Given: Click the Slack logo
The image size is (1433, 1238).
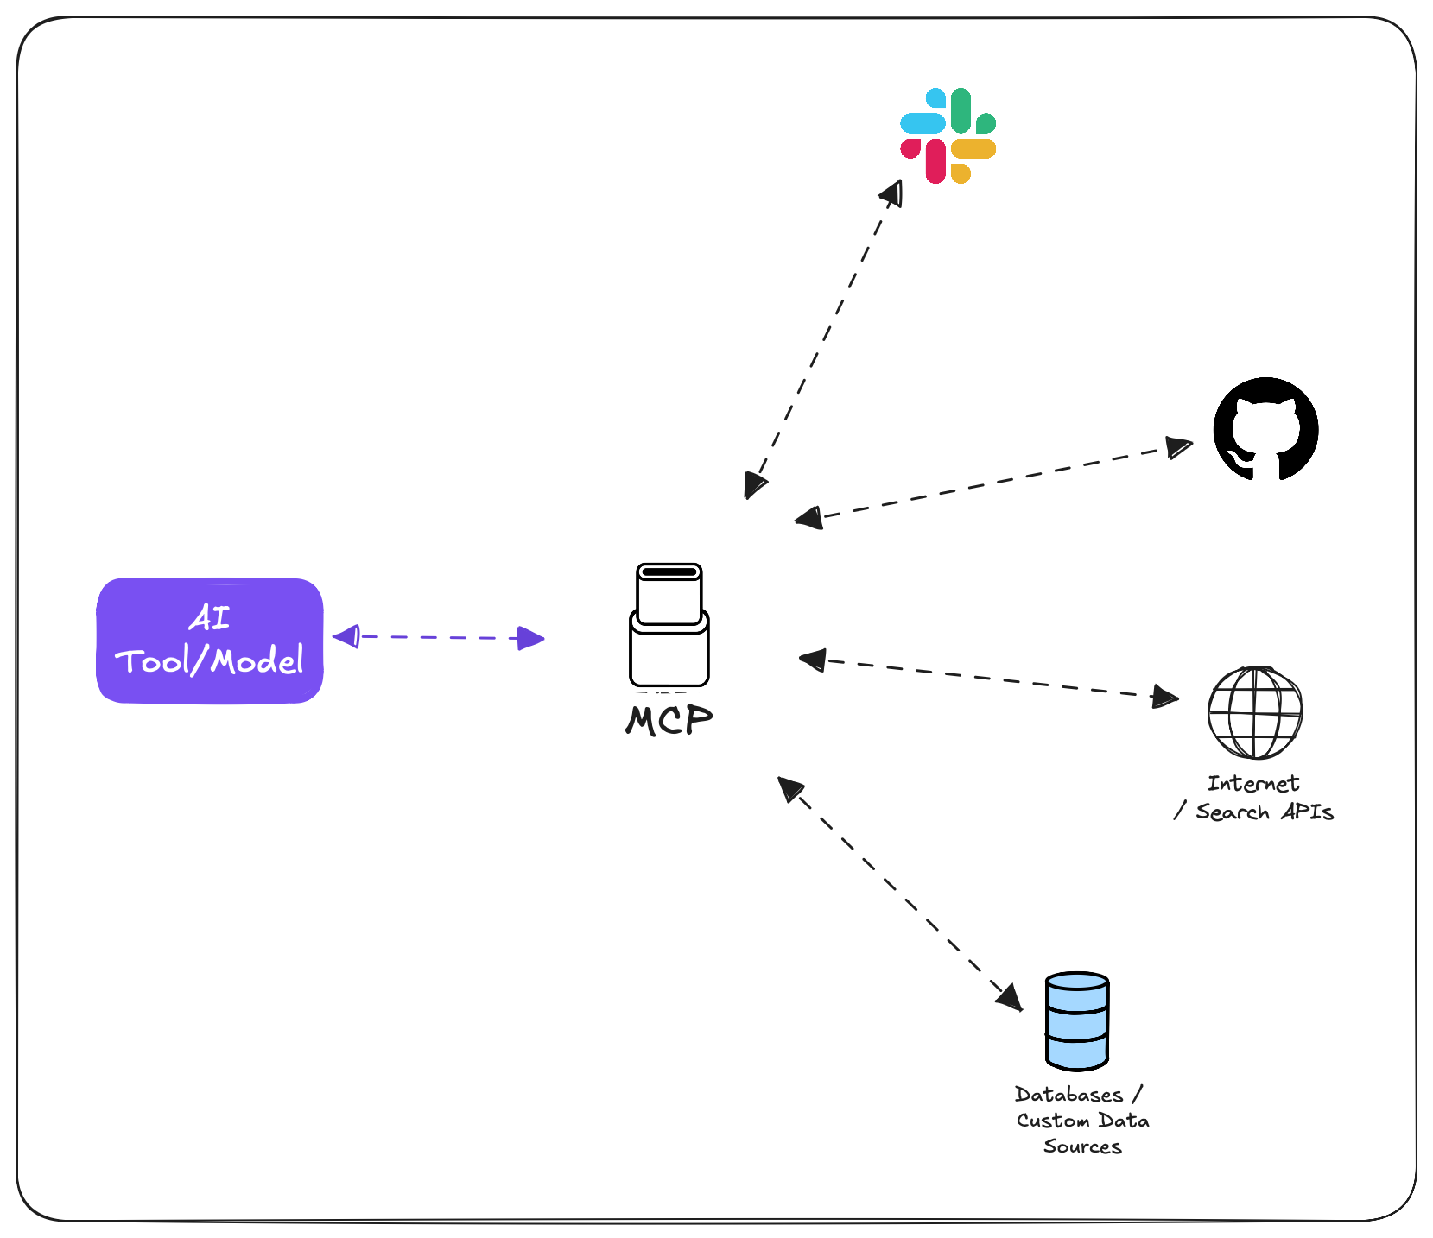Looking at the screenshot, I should point(948,136).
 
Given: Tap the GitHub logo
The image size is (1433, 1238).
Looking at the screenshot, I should point(1265,429).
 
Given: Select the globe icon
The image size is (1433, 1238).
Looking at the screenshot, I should point(1254,712).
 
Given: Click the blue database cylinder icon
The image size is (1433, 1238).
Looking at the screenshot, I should point(1076,1021).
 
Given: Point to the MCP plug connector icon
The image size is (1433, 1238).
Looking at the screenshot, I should point(669,625).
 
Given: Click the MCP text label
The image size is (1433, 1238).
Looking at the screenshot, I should point(669,720).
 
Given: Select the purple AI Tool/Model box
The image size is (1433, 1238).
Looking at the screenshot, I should point(210,641).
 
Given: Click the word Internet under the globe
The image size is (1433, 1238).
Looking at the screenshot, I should point(1253,784).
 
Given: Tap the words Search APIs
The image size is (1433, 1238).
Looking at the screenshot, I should point(1265,812).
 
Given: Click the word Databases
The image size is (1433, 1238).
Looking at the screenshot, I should point(1068,1095).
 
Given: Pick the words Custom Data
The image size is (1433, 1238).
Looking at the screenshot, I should point(1082,1121).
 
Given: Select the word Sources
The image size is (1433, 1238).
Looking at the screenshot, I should point(1082,1146).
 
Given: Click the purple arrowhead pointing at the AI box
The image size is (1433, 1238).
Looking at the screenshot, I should point(346,637).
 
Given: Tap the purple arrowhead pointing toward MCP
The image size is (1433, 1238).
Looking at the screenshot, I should point(530,639).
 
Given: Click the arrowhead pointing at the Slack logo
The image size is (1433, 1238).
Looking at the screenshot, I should point(893,193).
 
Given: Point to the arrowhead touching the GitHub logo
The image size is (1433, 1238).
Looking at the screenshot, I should point(1179,447).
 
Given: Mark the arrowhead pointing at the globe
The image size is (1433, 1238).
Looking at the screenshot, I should point(1165,697).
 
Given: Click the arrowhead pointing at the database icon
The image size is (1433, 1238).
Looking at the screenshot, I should point(1009,997).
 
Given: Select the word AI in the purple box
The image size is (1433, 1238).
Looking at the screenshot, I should point(210,618).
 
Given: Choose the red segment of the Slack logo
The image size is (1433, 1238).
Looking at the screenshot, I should point(935,161).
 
